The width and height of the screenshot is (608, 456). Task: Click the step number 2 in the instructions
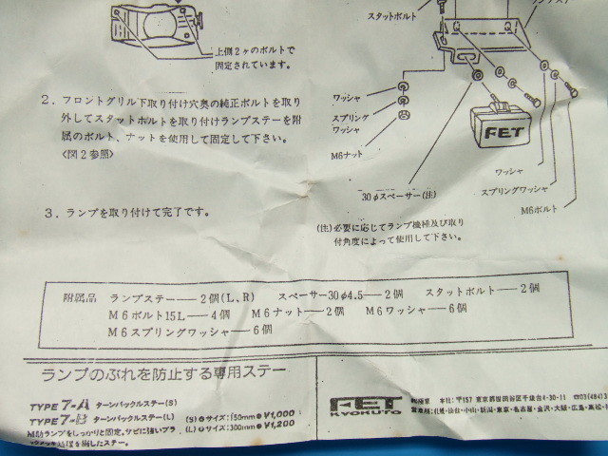point(46,98)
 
